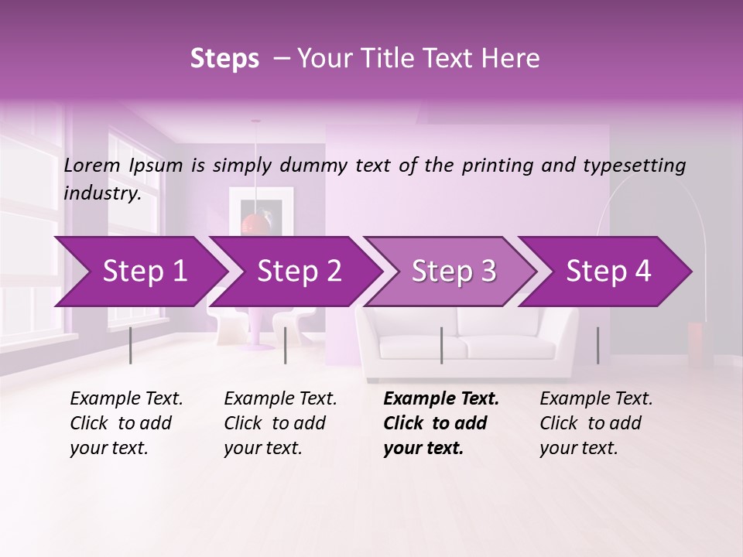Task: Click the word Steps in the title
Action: coord(224,59)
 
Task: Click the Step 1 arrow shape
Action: coord(139,272)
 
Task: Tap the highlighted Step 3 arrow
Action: coord(453,272)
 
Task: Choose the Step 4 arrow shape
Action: coord(608,272)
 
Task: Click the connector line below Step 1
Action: coord(130,345)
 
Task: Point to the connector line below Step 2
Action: coord(286,345)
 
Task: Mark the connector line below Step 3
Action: coord(441,345)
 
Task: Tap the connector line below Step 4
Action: coord(597,345)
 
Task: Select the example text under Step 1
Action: coord(126,422)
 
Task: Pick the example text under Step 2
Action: coord(280,422)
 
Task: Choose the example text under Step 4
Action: coord(596,422)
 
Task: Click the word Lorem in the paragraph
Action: coord(92,166)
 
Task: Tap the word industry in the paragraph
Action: coord(101,193)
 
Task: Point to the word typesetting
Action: coord(638,166)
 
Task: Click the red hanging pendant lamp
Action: coord(254,224)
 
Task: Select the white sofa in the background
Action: coord(467,340)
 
